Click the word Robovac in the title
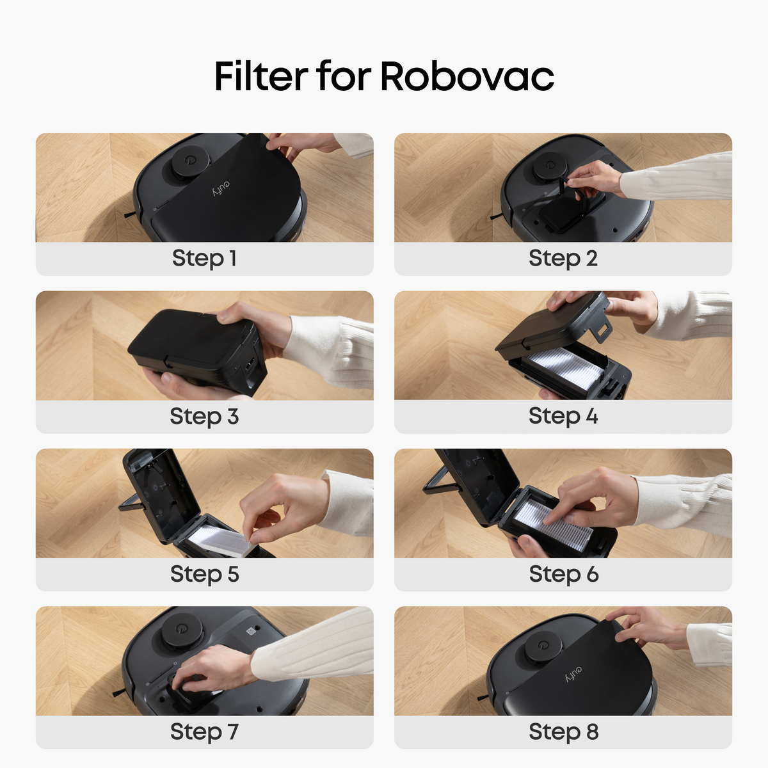point(467,76)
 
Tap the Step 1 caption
point(204,259)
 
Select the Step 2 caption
point(563,259)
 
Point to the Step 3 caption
point(204,417)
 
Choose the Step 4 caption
point(563,417)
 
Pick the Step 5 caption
point(204,574)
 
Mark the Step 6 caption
point(564,574)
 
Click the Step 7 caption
point(204,732)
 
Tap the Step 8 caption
point(564,732)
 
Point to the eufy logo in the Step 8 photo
point(573,674)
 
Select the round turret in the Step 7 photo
point(181,630)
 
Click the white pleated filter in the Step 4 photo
point(565,368)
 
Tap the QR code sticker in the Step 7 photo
point(251,631)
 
